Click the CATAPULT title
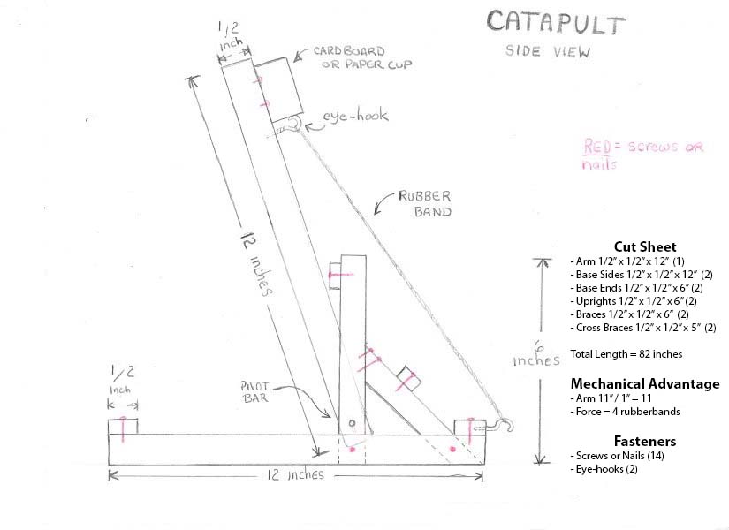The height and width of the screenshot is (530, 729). (556, 24)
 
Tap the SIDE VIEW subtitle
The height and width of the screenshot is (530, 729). (548, 50)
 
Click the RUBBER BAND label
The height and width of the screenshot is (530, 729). (426, 203)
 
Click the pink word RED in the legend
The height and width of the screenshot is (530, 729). (598, 147)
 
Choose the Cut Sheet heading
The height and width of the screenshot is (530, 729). (644, 246)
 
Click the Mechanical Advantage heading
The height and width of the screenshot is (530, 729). (644, 383)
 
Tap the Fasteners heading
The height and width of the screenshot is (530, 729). (644, 440)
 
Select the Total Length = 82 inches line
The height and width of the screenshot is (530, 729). (626, 353)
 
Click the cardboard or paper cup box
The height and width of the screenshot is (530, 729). (278, 91)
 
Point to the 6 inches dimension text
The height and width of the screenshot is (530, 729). (536, 353)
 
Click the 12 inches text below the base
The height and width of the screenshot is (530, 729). (295, 475)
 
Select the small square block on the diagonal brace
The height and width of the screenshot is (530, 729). (408, 380)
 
